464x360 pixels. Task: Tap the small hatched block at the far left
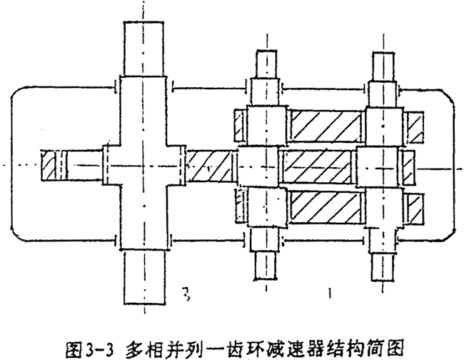tap(49, 166)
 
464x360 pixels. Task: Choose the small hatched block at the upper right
tap(415, 125)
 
